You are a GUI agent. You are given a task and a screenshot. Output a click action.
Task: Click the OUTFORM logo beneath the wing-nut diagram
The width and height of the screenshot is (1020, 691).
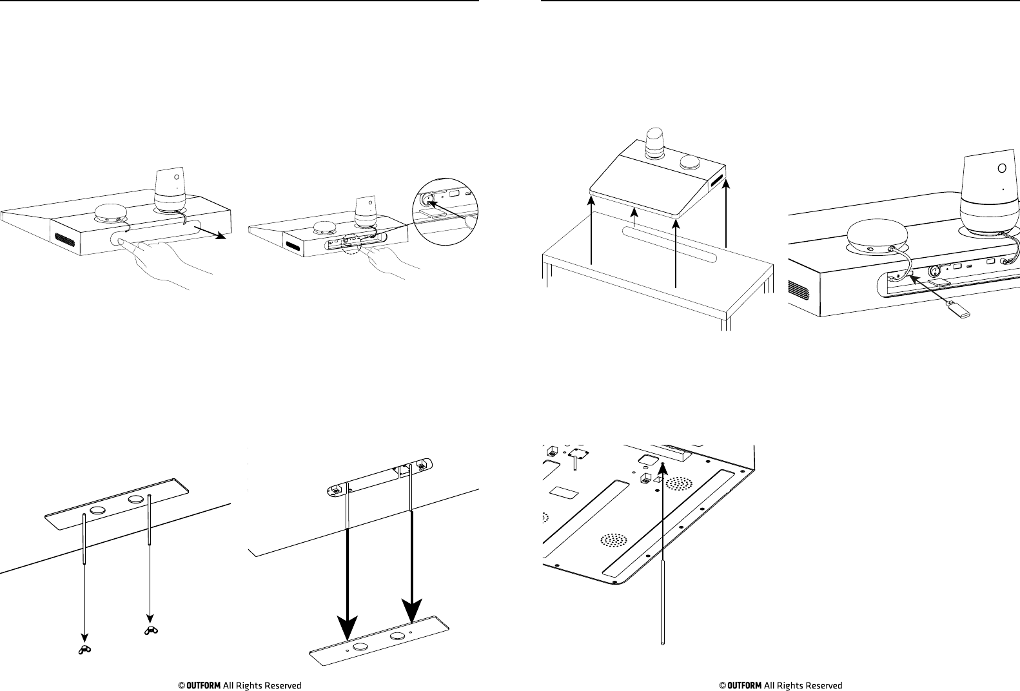click(x=199, y=685)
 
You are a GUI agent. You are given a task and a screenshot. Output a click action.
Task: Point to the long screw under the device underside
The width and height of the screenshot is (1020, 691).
click(x=663, y=580)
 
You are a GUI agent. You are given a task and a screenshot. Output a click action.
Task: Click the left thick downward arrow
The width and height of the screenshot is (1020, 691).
click(x=348, y=580)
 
